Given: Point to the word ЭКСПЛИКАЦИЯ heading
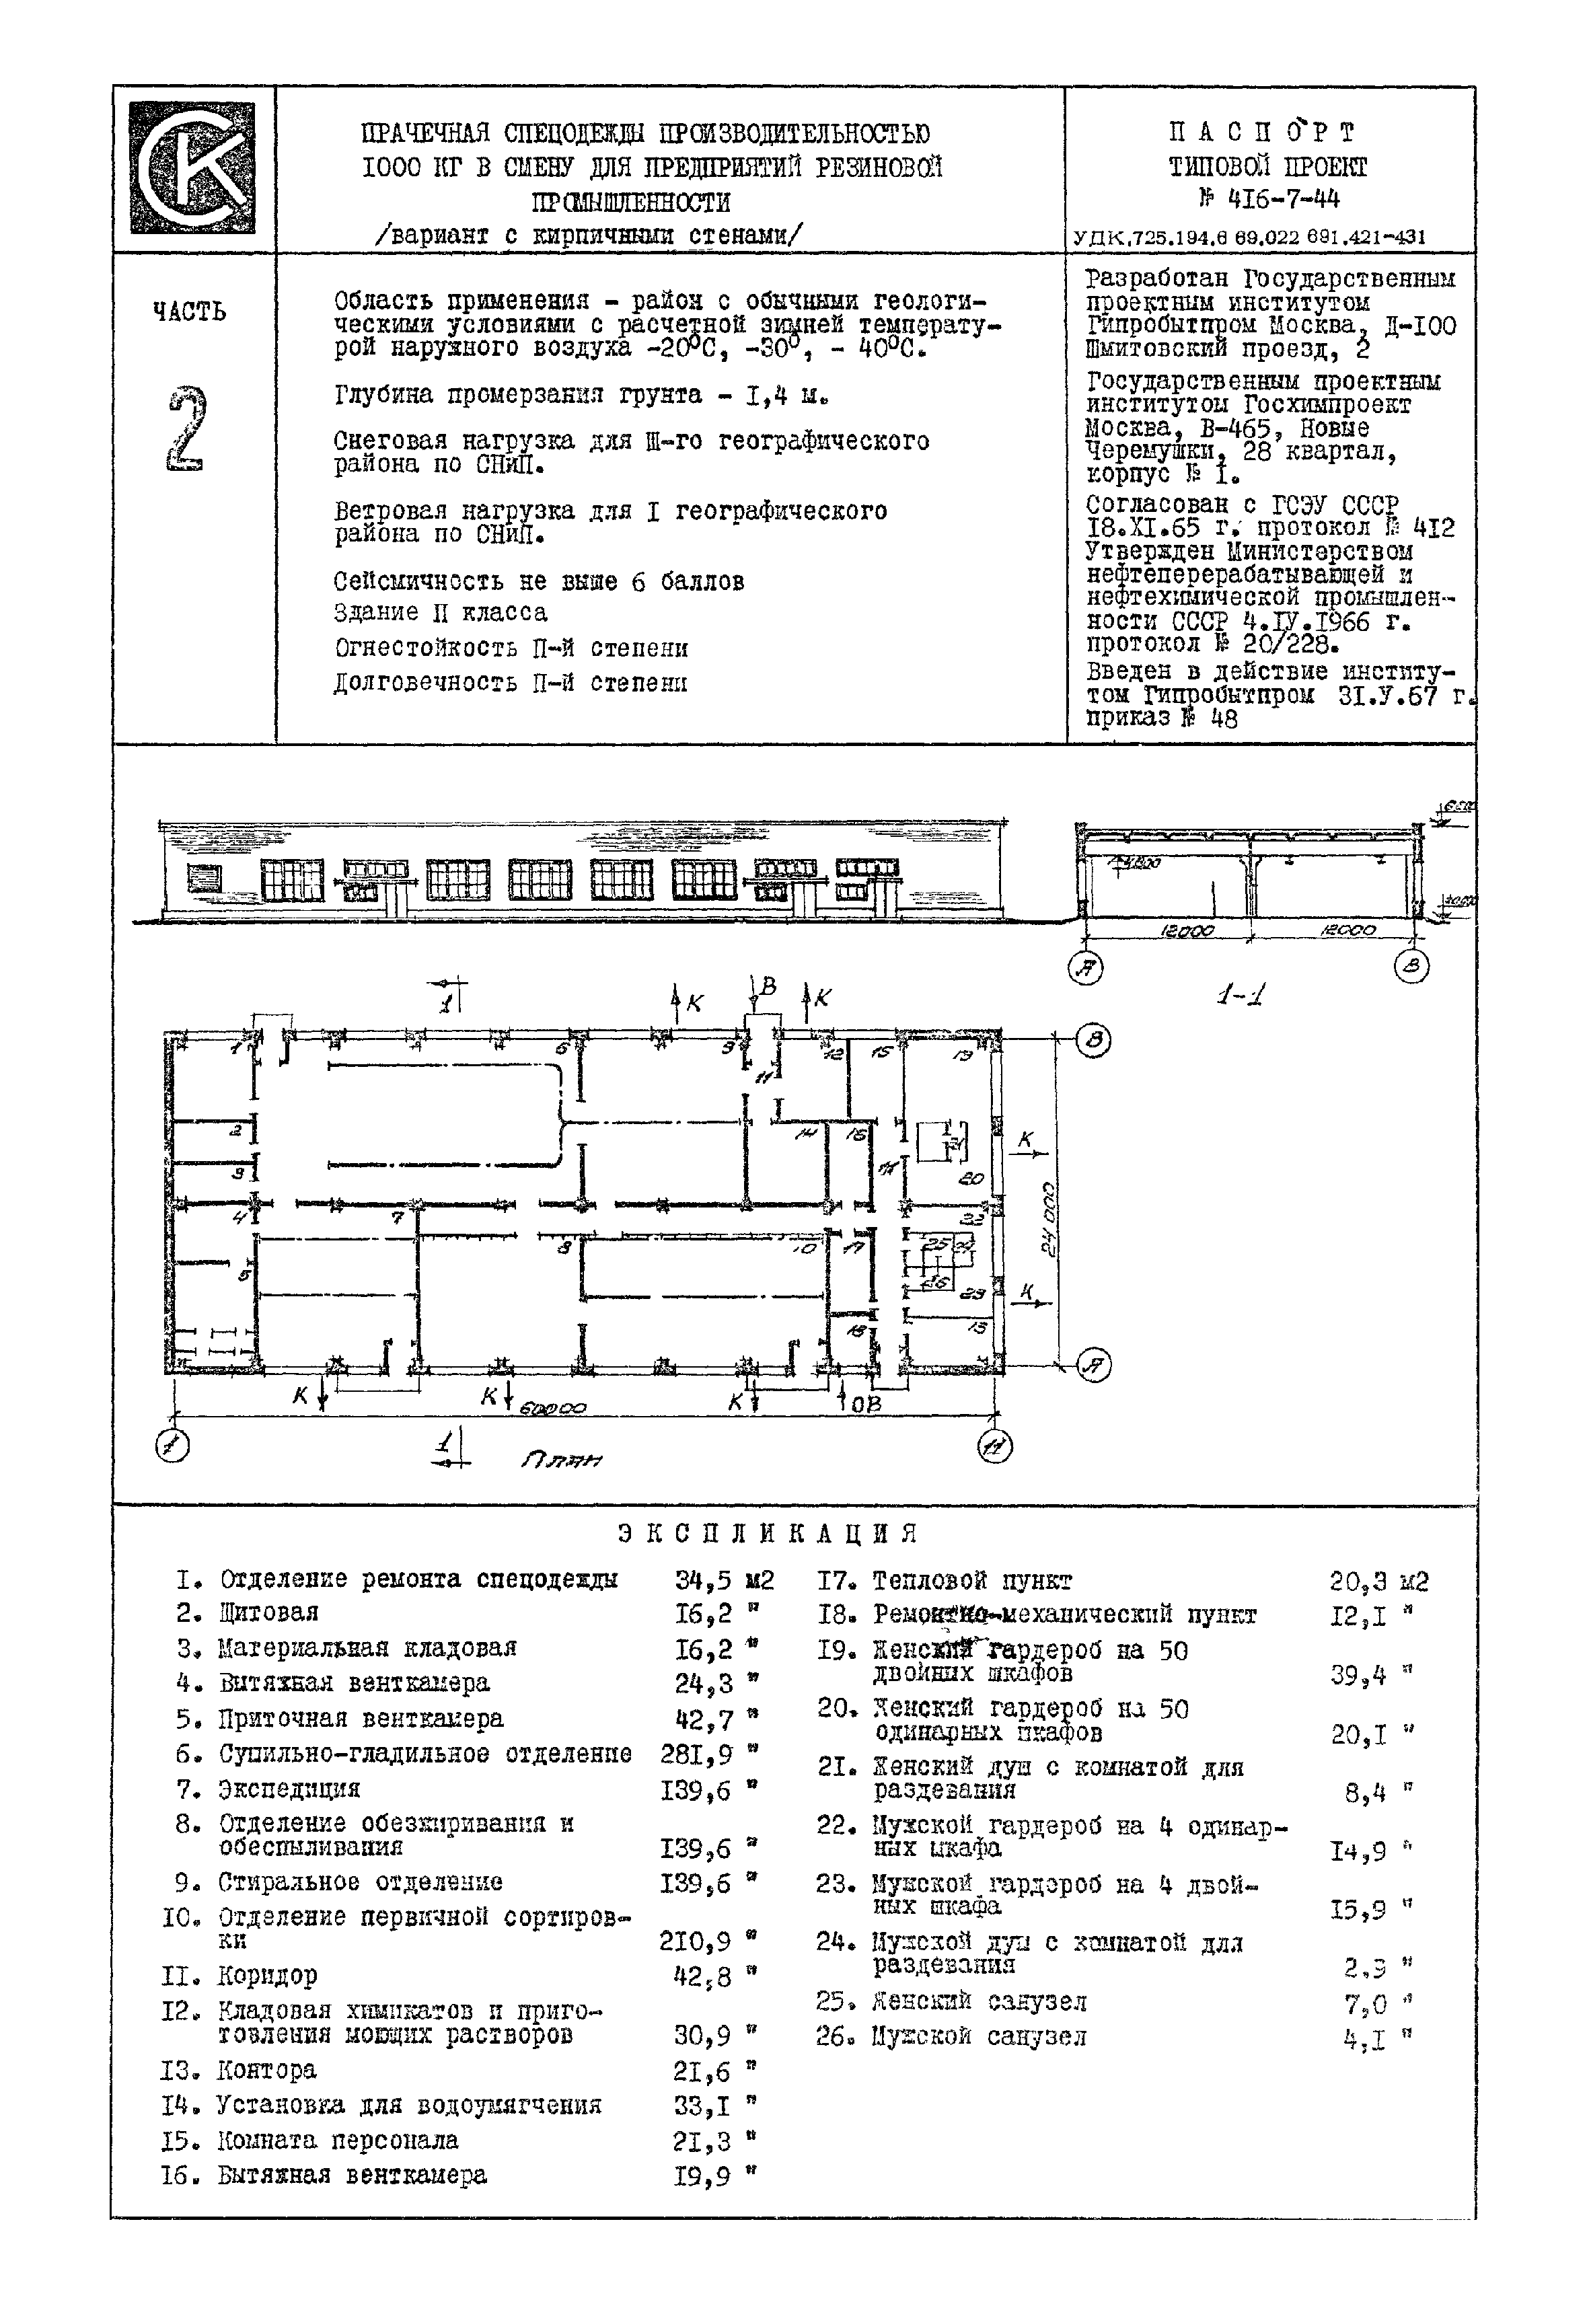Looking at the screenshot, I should point(767,1532).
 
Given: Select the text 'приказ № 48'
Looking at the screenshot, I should point(1161,718).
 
